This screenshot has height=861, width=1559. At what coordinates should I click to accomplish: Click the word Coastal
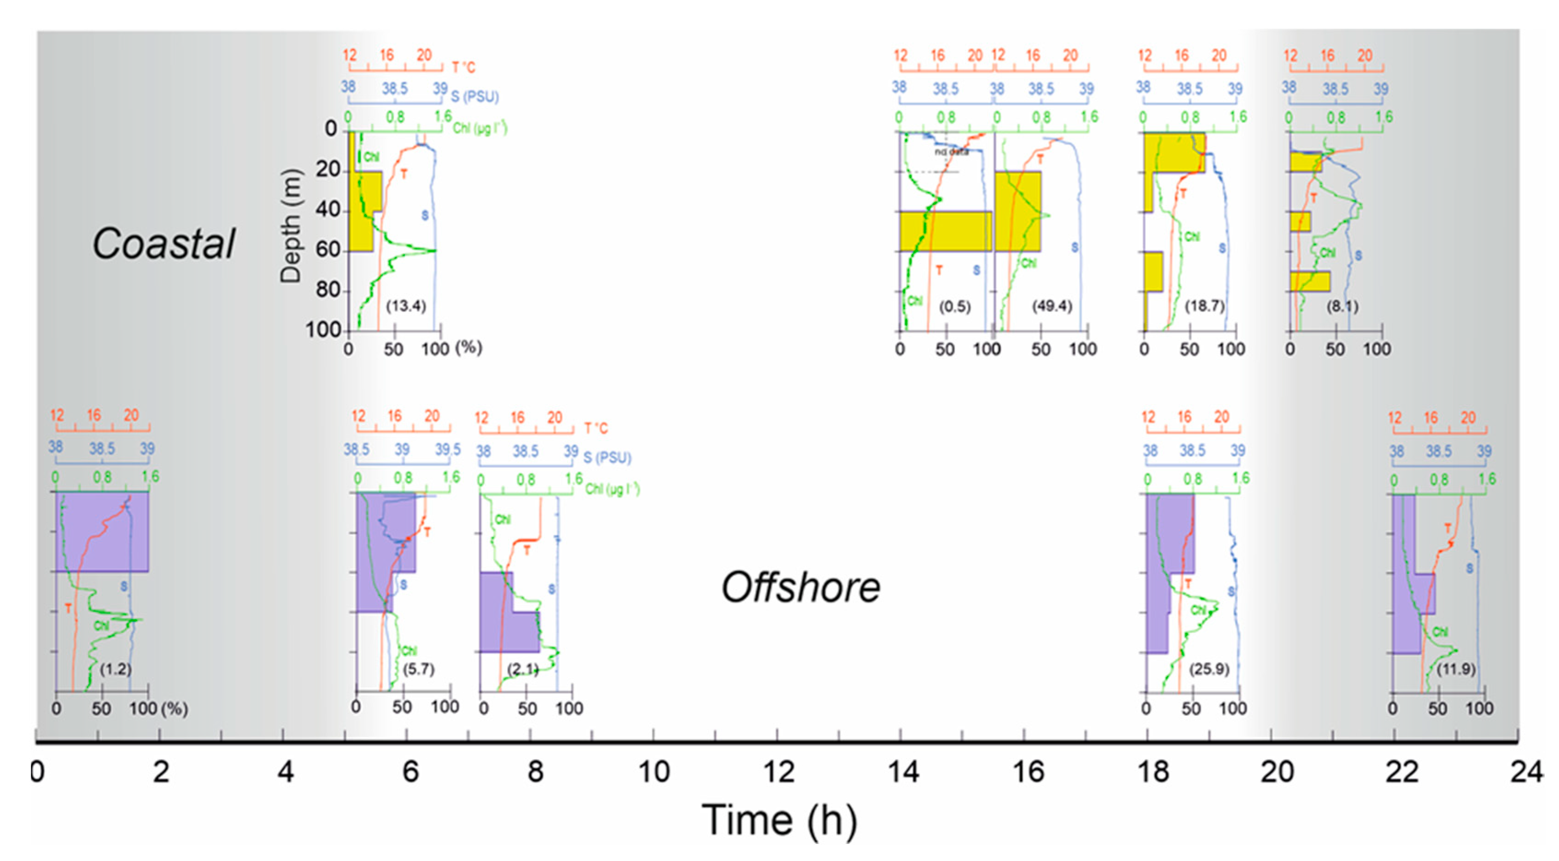pyautogui.click(x=163, y=243)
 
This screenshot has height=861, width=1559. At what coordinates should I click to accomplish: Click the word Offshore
pyautogui.click(x=800, y=587)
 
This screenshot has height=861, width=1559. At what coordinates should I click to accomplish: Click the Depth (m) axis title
pyautogui.click(x=291, y=226)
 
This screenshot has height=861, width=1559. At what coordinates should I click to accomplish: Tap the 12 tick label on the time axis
pyautogui.click(x=778, y=772)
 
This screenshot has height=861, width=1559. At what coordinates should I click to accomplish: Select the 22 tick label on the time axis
pyautogui.click(x=1401, y=772)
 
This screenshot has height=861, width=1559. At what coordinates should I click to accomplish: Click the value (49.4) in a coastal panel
pyautogui.click(x=1052, y=307)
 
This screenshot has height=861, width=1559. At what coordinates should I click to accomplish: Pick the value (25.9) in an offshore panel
pyautogui.click(x=1209, y=669)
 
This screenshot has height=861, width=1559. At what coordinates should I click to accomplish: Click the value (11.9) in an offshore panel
pyautogui.click(x=1456, y=669)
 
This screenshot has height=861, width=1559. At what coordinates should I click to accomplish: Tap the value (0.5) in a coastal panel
pyautogui.click(x=954, y=307)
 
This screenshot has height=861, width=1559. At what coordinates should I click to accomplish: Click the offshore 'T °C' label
pyautogui.click(x=596, y=429)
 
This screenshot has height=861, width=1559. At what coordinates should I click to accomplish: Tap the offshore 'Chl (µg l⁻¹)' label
pyautogui.click(x=612, y=489)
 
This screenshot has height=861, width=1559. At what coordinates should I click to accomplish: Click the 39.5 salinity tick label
pyautogui.click(x=448, y=449)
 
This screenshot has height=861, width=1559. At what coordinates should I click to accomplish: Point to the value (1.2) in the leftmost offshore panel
pyautogui.click(x=116, y=669)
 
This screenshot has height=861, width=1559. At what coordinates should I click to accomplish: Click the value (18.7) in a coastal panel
pyautogui.click(x=1204, y=307)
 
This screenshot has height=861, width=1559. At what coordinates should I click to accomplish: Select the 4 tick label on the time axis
pyautogui.click(x=285, y=772)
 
